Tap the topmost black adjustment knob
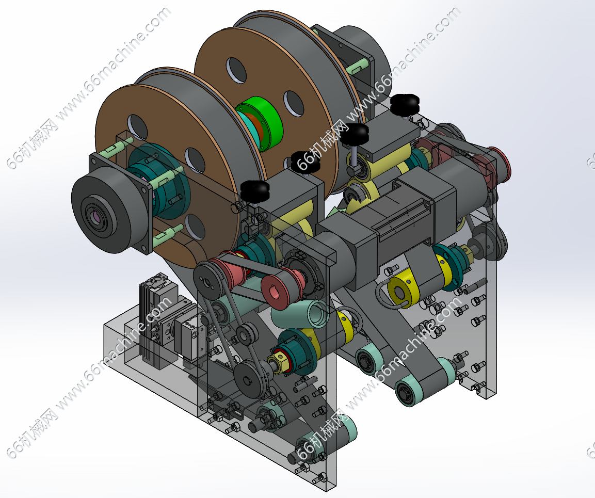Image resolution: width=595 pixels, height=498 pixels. tap(405, 104)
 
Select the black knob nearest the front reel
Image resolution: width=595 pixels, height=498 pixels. tap(255, 191)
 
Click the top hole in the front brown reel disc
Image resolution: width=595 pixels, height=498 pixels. tap(138, 126)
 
